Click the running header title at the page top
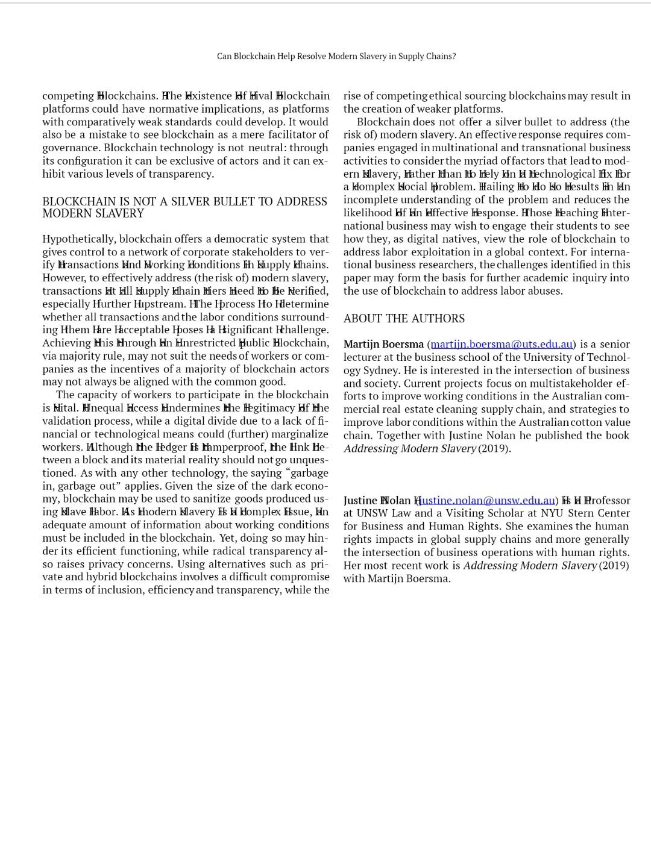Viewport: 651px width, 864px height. pyautogui.click(x=336, y=56)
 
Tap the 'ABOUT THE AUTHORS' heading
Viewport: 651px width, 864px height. pyautogui.click(x=404, y=318)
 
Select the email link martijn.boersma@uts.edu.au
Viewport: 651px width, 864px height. pyautogui.click(x=502, y=344)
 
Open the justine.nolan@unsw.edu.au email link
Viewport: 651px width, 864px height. pyautogui.click(x=486, y=500)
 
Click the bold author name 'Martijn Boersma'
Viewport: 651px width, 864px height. pyautogui.click(x=383, y=344)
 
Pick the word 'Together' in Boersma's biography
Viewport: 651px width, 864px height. pyautogui.click(x=397, y=436)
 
